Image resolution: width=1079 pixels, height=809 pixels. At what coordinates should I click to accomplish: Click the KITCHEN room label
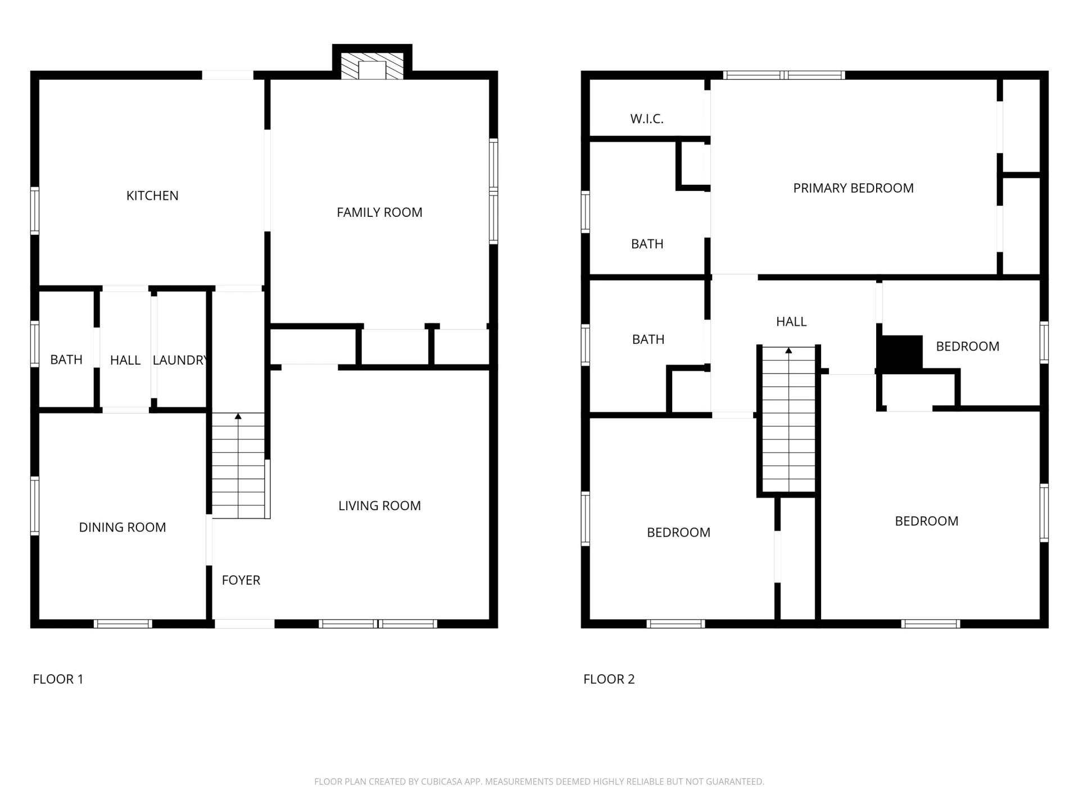[x=152, y=196]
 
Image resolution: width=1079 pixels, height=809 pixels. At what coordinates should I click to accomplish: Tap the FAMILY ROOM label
[x=379, y=212]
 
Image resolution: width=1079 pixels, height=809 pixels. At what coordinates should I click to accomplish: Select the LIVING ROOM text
[x=379, y=506]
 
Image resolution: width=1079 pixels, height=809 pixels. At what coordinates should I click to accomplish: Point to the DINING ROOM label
[x=123, y=528]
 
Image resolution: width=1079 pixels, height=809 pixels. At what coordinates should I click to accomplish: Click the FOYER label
[x=241, y=580]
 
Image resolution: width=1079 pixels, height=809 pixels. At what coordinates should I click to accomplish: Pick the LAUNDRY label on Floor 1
[x=180, y=360]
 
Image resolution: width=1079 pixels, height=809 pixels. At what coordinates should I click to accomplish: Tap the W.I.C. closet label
[x=647, y=119]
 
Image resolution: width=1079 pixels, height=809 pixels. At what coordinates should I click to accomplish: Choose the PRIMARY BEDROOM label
[x=853, y=188]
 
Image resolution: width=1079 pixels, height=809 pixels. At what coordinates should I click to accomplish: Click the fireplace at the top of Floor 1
[x=372, y=66]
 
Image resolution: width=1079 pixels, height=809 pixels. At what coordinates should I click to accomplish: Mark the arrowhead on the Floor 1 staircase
[x=238, y=416]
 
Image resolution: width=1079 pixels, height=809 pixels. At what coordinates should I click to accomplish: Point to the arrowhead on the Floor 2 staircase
[x=788, y=351]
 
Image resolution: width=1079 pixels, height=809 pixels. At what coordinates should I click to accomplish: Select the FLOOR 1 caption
[x=58, y=679]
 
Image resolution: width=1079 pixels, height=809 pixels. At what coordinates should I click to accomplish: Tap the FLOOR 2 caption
[x=609, y=679]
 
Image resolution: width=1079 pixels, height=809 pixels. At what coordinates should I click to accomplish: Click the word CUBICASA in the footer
[x=441, y=781]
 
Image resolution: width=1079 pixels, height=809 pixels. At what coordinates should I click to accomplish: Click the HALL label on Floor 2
[x=791, y=322]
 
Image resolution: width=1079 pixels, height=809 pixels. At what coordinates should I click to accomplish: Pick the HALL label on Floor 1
[x=125, y=360]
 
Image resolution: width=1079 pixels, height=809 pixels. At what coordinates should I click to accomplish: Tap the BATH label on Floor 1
[x=66, y=360]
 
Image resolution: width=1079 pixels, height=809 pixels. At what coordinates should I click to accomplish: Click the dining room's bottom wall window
[x=123, y=624]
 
